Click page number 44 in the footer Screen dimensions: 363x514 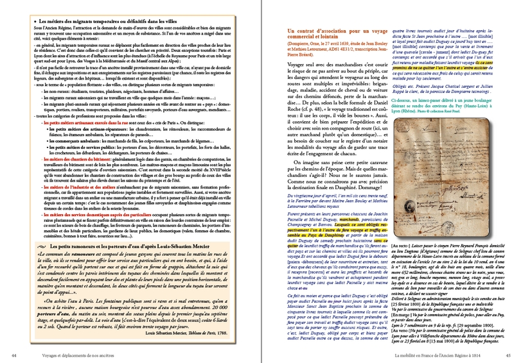(13, 355)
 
